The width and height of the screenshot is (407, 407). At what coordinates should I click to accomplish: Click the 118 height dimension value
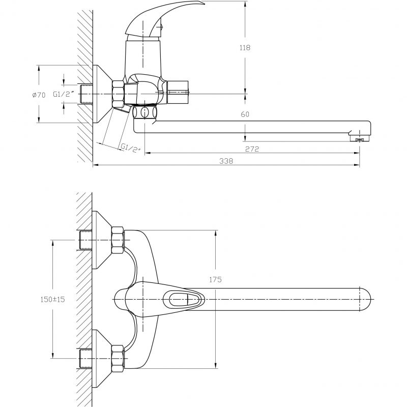[x=245, y=47]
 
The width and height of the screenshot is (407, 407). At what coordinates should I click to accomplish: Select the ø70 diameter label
[x=39, y=95]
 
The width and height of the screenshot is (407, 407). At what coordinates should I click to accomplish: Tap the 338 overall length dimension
[x=226, y=161]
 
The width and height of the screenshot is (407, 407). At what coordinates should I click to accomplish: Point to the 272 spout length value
[x=252, y=149]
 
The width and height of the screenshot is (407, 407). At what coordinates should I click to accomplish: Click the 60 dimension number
[x=245, y=114]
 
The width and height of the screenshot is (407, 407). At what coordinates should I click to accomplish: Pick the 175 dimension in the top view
[x=215, y=279]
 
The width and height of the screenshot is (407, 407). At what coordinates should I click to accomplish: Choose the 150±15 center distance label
[x=53, y=299]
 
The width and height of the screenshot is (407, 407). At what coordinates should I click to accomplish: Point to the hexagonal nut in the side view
[x=118, y=94]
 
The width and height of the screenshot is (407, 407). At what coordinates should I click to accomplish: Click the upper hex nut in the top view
[x=118, y=240]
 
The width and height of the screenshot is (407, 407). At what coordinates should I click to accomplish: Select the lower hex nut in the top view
[x=118, y=359]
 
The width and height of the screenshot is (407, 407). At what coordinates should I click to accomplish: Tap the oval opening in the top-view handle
[x=179, y=299]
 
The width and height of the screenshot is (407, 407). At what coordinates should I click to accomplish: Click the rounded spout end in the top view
[x=365, y=299]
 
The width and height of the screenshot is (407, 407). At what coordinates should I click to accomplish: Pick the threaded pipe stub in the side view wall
[x=85, y=94]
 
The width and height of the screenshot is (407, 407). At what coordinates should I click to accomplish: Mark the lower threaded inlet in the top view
[x=85, y=359]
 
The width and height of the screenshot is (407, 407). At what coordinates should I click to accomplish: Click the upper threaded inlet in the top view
[x=85, y=240]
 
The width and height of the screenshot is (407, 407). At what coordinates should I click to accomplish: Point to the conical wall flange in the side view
[x=103, y=94]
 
